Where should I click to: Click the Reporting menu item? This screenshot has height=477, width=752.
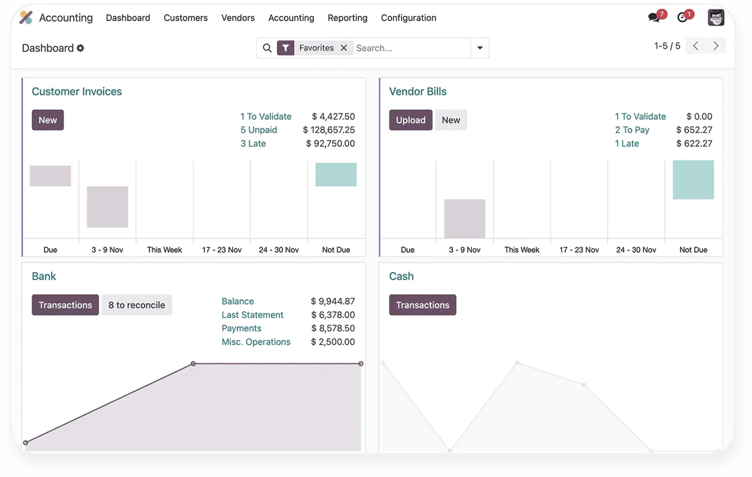pyautogui.click(x=347, y=18)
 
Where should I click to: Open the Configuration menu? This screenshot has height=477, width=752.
pyautogui.click(x=408, y=18)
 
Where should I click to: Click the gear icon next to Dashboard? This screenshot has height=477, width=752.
pyautogui.click(x=80, y=48)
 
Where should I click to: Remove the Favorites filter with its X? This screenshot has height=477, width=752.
pyautogui.click(x=343, y=48)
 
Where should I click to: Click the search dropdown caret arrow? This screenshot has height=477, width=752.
pyautogui.click(x=480, y=48)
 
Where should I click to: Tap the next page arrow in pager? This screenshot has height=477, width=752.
pyautogui.click(x=715, y=46)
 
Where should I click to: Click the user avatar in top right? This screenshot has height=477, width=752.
pyautogui.click(x=715, y=18)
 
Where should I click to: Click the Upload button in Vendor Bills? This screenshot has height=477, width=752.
pyautogui.click(x=410, y=120)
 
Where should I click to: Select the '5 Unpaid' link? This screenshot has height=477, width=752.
pyautogui.click(x=259, y=130)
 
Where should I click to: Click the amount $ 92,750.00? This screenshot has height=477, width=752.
pyautogui.click(x=330, y=143)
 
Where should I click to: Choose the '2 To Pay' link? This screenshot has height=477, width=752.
pyautogui.click(x=632, y=130)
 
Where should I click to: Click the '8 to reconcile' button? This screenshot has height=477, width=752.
pyautogui.click(x=136, y=305)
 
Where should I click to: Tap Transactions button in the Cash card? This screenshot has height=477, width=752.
pyautogui.click(x=422, y=305)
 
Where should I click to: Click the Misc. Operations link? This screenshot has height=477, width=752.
pyautogui.click(x=256, y=342)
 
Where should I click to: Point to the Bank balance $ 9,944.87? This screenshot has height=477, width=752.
pyautogui.click(x=333, y=301)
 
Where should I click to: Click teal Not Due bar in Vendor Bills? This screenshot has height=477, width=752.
pyautogui.click(x=693, y=179)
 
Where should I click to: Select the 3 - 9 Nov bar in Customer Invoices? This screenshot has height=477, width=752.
pyautogui.click(x=107, y=207)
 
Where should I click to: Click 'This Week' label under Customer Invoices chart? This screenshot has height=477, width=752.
pyautogui.click(x=164, y=250)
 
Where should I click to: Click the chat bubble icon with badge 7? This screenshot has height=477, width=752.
pyautogui.click(x=654, y=17)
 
